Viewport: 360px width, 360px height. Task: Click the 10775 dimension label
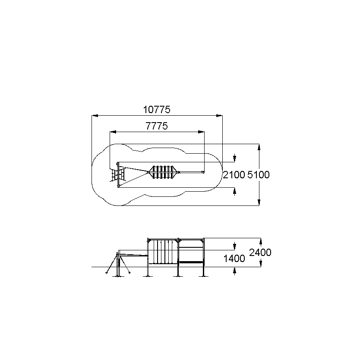[157, 110]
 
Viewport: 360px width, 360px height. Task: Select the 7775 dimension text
[157, 126]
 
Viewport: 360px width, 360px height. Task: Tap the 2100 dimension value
[234, 175]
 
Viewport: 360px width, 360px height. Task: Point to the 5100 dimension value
[259, 175]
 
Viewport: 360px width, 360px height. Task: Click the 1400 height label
[234, 259]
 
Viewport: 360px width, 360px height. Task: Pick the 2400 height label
[260, 253]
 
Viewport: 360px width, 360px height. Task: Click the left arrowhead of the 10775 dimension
[95, 116]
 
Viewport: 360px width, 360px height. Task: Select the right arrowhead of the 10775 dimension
[219, 116]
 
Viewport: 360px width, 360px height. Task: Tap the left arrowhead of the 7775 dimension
[113, 132]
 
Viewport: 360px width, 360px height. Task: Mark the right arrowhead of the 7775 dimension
[201, 132]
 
